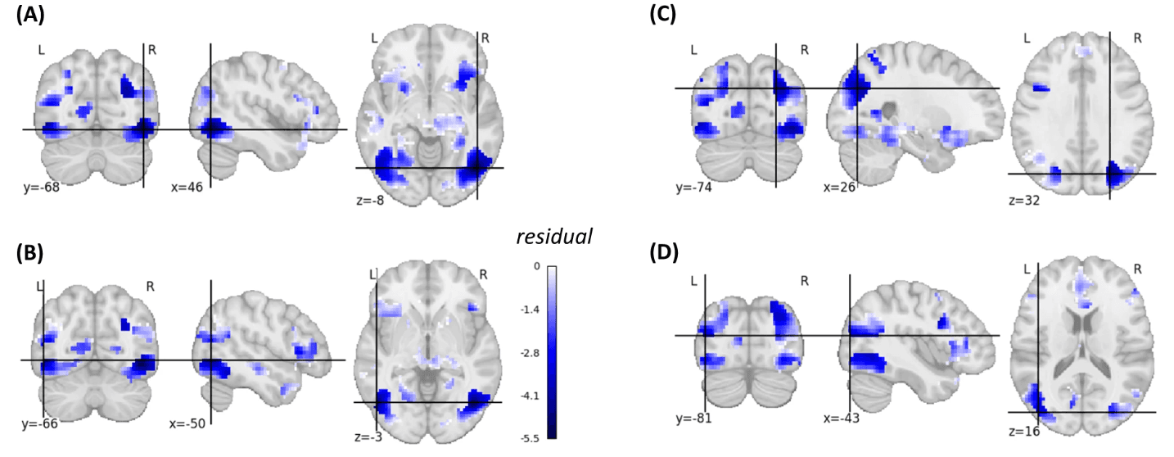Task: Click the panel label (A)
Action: (29, 15)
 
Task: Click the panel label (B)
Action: (29, 252)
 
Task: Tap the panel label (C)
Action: (662, 15)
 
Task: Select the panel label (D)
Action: (663, 252)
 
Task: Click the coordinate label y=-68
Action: (42, 187)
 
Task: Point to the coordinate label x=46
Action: (187, 187)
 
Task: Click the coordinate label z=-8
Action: (370, 200)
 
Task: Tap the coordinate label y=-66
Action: (40, 423)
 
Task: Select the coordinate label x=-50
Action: (187, 423)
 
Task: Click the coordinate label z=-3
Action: (368, 437)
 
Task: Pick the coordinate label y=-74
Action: (694, 187)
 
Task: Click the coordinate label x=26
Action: (839, 187)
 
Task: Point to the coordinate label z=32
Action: (1024, 200)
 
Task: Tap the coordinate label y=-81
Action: (694, 419)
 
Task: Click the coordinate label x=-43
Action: (841, 419)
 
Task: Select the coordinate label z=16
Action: (1024, 432)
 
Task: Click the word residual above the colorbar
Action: (554, 237)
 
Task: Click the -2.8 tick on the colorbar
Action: (530, 353)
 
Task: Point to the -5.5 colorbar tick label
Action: (530, 439)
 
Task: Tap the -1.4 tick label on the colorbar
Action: (530, 310)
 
